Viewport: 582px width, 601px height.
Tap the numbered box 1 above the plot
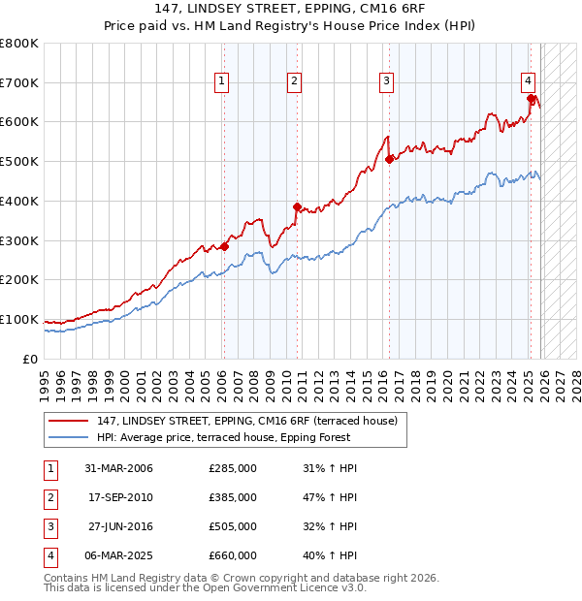(222, 81)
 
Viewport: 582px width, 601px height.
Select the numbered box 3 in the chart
(386, 81)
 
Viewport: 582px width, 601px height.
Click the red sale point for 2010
(297, 206)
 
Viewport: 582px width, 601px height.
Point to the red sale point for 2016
(389, 159)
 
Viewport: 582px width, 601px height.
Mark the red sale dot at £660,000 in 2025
(531, 98)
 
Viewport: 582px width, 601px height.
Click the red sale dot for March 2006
(224, 246)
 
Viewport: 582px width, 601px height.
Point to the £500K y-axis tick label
(19, 162)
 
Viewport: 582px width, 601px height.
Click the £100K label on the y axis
(19, 319)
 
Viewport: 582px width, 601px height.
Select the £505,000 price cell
(233, 526)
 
